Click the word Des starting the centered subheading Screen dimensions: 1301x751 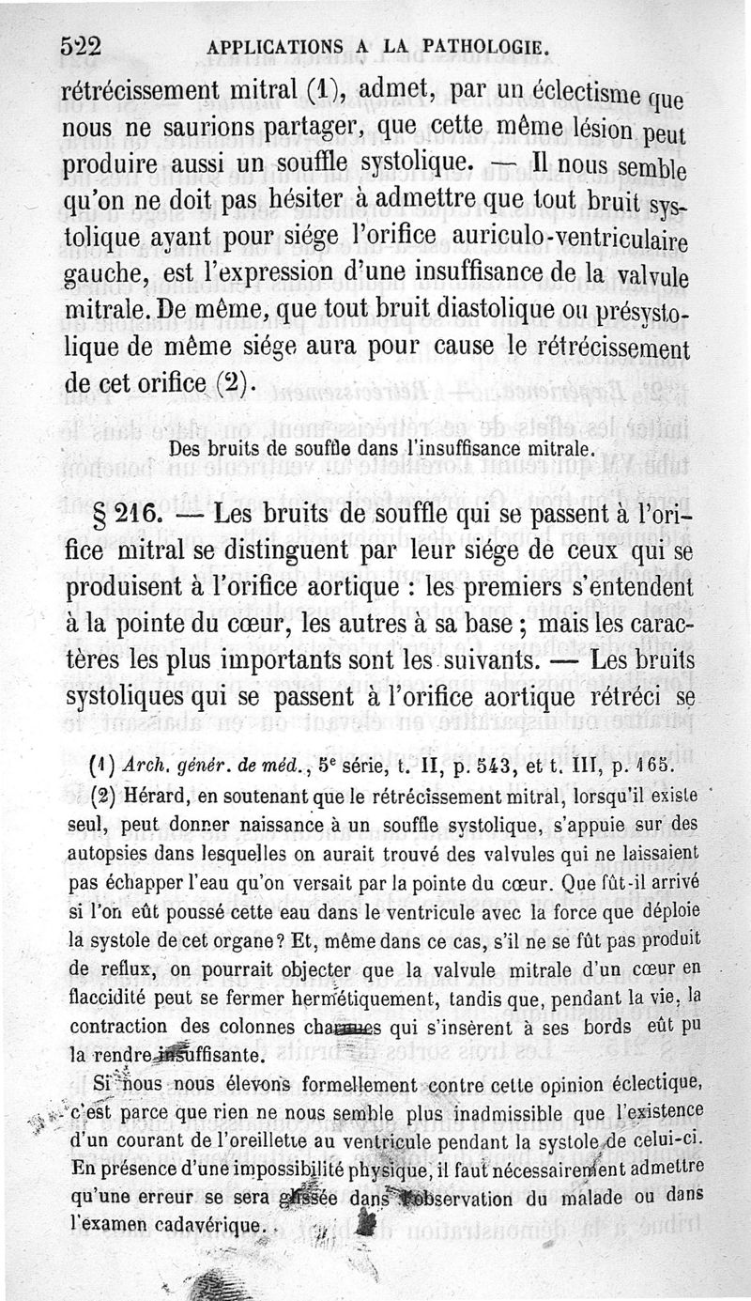[186, 448]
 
